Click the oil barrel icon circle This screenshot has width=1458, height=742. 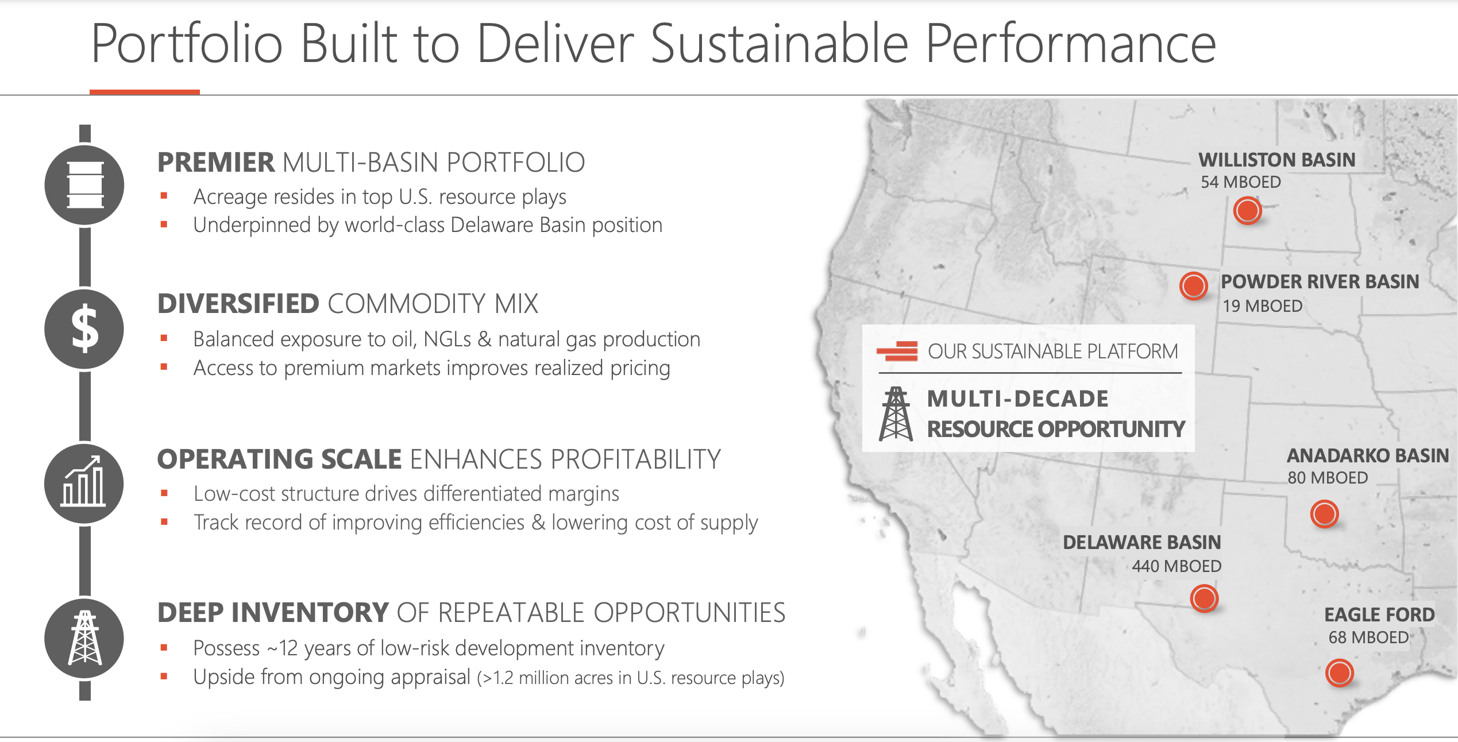[x=84, y=185]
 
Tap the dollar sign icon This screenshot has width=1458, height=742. [x=84, y=329]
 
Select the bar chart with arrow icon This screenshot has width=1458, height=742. [x=84, y=484]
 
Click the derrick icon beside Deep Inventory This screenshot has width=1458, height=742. [x=84, y=638]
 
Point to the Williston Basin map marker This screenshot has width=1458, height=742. [x=1247, y=210]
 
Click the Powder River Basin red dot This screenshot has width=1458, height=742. [x=1193, y=285]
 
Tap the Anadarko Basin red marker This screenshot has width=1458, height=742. [x=1324, y=513]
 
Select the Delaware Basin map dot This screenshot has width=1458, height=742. [x=1204, y=598]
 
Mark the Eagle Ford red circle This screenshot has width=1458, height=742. [x=1339, y=673]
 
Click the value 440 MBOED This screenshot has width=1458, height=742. [x=1177, y=566]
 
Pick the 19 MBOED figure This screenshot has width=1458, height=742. [x=1262, y=306]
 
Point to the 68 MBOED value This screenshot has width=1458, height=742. [x=1368, y=637]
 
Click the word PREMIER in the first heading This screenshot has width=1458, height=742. [x=216, y=163]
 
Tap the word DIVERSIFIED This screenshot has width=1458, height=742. [x=238, y=304]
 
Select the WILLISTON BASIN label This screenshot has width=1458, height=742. [x=1276, y=160]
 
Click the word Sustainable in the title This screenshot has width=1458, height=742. [x=779, y=44]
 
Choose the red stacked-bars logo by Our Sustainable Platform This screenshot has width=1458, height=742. [x=897, y=351]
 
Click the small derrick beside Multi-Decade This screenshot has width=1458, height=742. [x=895, y=413]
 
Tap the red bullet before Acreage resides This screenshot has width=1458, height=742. [x=164, y=196]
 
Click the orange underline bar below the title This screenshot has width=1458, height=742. [x=144, y=92]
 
